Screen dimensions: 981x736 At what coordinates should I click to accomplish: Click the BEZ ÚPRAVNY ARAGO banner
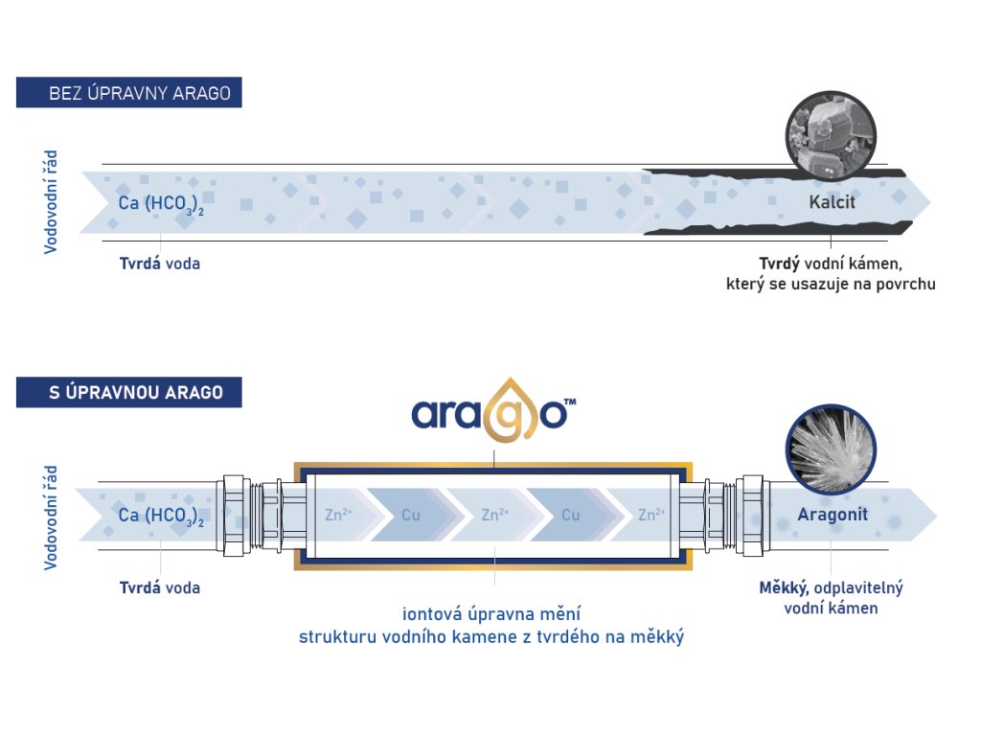click(x=129, y=94)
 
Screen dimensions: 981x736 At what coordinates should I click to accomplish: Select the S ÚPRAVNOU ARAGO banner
click(x=129, y=393)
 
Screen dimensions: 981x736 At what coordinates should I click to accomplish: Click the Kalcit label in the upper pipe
click(x=832, y=202)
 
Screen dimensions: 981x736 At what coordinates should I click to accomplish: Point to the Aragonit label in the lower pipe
click(x=832, y=515)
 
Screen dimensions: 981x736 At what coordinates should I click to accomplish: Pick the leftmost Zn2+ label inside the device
click(x=337, y=515)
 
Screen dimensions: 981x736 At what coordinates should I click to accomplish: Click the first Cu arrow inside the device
click(x=412, y=515)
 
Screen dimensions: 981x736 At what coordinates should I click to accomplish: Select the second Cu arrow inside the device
click(x=571, y=515)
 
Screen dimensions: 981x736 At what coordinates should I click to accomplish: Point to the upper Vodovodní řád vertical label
click(x=51, y=201)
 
